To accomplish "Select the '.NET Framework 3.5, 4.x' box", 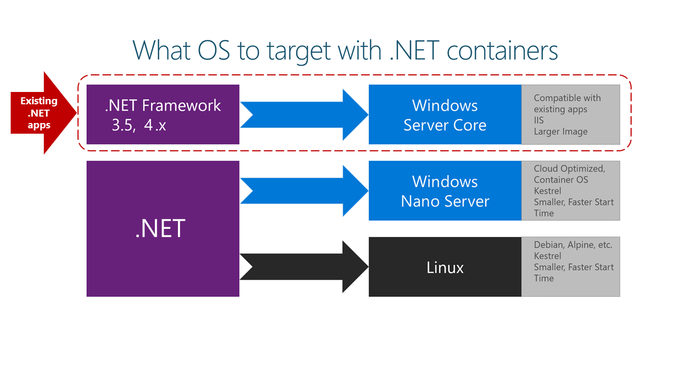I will (162, 114).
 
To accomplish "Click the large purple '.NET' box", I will (162, 228).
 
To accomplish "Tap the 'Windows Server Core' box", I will (445, 115).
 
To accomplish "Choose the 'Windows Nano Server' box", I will (445, 191).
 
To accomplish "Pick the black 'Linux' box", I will (445, 267).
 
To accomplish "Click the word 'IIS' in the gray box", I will (540, 120).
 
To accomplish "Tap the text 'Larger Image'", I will (560, 132).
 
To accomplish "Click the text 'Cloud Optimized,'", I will (569, 168).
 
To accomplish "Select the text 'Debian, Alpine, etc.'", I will (573, 245).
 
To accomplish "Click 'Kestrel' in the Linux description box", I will (547, 256).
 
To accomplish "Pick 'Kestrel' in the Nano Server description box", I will (547, 191).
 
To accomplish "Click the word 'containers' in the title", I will (502, 51).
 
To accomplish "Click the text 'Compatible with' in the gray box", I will (567, 98).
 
